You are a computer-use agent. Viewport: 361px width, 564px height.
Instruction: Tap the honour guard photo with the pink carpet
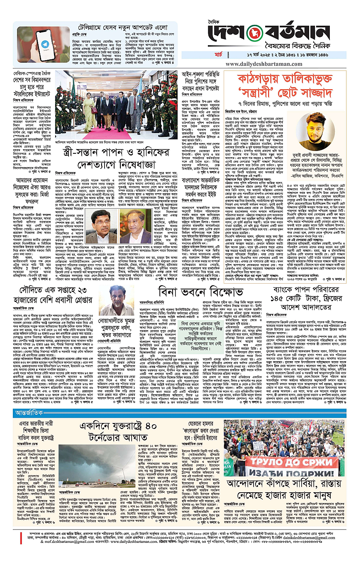click(x=116, y=105)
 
